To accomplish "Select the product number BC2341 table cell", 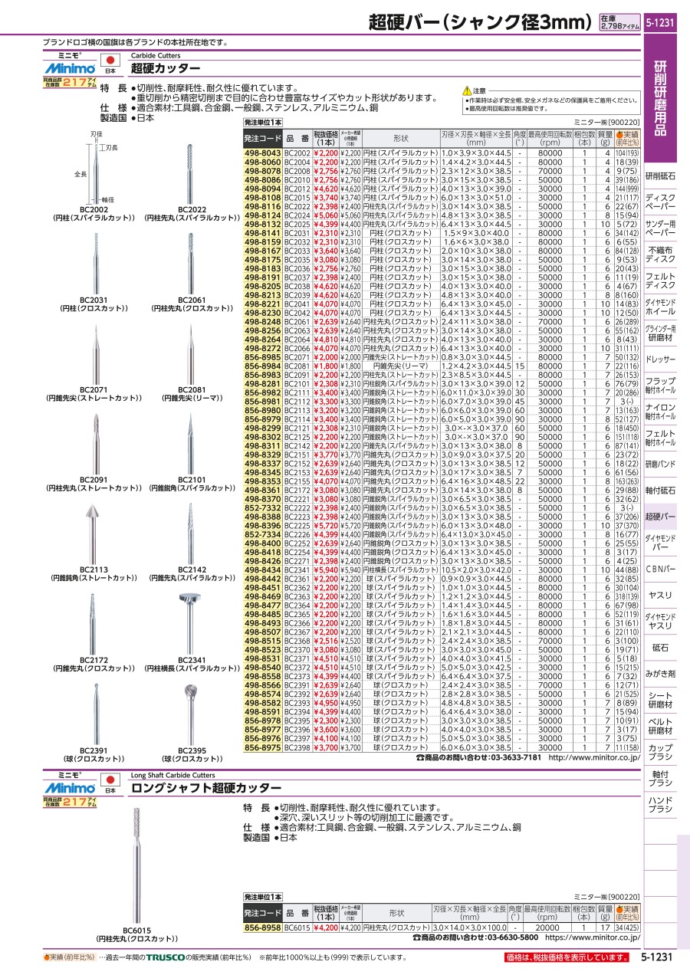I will tap(297, 570).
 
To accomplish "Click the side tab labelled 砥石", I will tap(660, 648).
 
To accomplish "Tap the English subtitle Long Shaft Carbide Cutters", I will tap(172, 775).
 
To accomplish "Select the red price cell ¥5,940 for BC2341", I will tap(325, 570).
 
